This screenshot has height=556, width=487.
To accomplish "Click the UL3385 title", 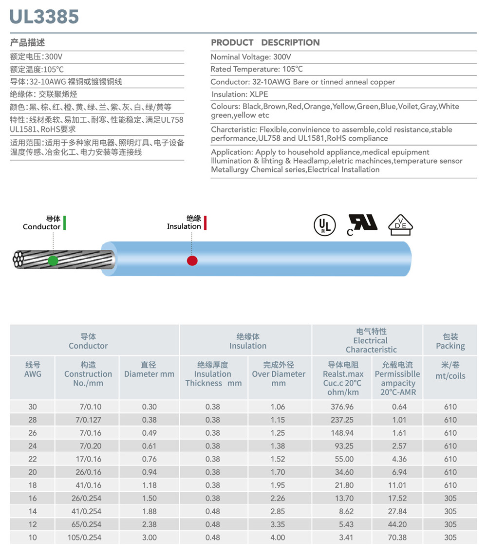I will [44, 17].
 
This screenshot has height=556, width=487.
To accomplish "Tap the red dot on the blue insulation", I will [192, 260].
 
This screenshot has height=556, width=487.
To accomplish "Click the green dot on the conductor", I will [53, 260].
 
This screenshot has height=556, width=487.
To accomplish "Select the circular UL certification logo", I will [324, 225].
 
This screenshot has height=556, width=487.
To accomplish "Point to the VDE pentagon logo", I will [400, 225].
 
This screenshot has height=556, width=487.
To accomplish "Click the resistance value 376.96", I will [342, 407].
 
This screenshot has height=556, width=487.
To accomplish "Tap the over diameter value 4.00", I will [278, 537].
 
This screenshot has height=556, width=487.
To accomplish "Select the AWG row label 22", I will [33, 459].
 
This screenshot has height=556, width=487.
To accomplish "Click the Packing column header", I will [450, 341].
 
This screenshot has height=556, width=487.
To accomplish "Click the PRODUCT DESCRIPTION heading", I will [265, 42].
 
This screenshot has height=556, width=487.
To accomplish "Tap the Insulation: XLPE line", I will [240, 94].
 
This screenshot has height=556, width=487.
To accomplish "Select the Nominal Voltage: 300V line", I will [251, 57].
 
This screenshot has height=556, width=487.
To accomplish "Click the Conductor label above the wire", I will [41, 226].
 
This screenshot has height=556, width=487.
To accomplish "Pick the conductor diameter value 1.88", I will [149, 511].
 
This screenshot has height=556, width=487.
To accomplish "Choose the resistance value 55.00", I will [342, 459].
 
